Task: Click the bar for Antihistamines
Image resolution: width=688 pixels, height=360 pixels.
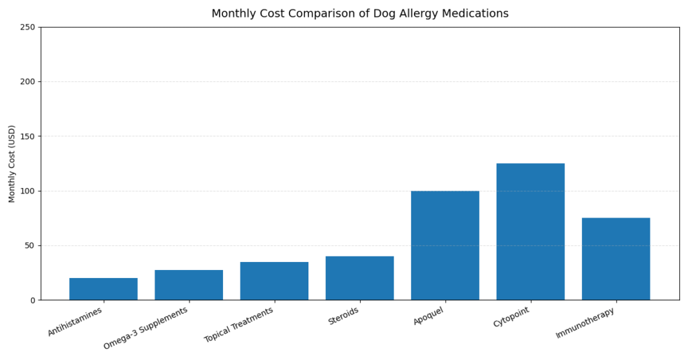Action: pyautogui.click(x=103, y=289)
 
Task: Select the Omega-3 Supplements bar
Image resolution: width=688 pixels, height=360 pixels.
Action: pyautogui.click(x=189, y=285)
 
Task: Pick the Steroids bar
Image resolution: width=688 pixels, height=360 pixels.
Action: pyautogui.click(x=359, y=278)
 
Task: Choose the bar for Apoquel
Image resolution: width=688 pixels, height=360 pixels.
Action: pyautogui.click(x=445, y=245)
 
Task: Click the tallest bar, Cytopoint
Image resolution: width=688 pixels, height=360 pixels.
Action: pyautogui.click(x=530, y=232)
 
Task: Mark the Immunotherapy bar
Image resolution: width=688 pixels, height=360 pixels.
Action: pyautogui.click(x=615, y=259)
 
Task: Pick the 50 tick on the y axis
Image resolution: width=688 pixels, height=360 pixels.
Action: pyautogui.click(x=30, y=246)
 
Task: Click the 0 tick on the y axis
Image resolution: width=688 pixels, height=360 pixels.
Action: pyautogui.click(x=32, y=300)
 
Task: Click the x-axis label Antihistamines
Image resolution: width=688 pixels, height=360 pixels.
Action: pyautogui.click(x=75, y=322)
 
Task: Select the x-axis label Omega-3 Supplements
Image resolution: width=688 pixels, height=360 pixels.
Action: pyautogui.click(x=146, y=328)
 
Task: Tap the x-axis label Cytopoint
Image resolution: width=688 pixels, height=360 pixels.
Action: pyautogui.click(x=511, y=317)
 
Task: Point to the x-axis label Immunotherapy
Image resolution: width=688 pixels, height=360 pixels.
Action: pyautogui.click(x=585, y=323)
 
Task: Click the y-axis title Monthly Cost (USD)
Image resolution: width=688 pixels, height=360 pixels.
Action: pyautogui.click(x=12, y=164)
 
